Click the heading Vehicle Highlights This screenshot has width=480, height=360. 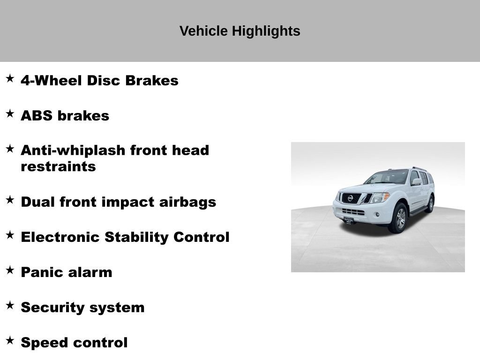click(x=240, y=31)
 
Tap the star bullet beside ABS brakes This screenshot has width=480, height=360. click(x=10, y=113)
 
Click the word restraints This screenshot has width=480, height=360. click(x=58, y=167)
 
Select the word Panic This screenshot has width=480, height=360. click(x=39, y=272)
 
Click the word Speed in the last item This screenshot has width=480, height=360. click(x=43, y=343)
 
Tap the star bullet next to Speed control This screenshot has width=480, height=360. click(x=10, y=340)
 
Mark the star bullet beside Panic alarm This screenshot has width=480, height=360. click(x=10, y=270)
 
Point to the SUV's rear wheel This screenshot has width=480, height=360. click(x=430, y=204)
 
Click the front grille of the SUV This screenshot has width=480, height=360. click(x=351, y=198)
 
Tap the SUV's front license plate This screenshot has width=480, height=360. click(x=348, y=219)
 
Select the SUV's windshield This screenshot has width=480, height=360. click(x=387, y=177)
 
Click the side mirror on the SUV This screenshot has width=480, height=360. click(x=416, y=181)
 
